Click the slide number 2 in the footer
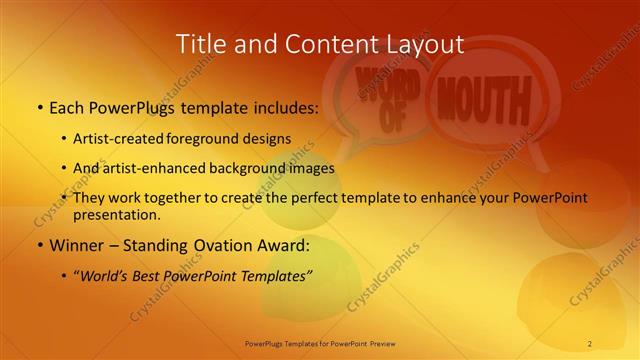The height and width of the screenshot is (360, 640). tap(590, 343)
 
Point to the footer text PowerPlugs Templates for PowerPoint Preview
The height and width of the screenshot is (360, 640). tap(319, 343)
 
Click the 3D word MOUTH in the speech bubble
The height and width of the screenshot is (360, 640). tap(483, 103)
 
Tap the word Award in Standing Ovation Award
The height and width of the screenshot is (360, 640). tap(285, 244)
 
